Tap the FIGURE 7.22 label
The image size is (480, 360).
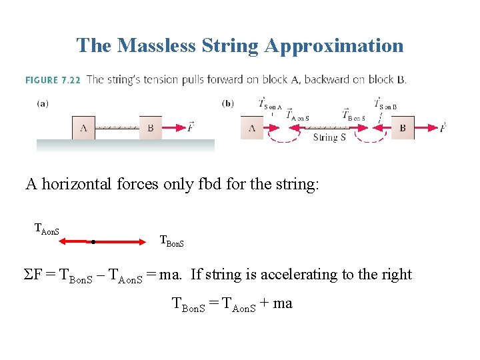click(53, 80)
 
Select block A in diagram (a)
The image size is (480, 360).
click(83, 127)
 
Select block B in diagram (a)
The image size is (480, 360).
click(151, 127)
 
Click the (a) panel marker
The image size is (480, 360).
click(42, 103)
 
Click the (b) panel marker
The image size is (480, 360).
click(227, 103)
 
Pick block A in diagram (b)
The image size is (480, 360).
click(252, 127)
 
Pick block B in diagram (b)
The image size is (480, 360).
click(403, 127)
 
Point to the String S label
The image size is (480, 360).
click(329, 138)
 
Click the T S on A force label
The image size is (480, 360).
click(271, 104)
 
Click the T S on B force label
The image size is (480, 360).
click(385, 104)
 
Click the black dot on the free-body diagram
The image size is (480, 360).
click(93, 241)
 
